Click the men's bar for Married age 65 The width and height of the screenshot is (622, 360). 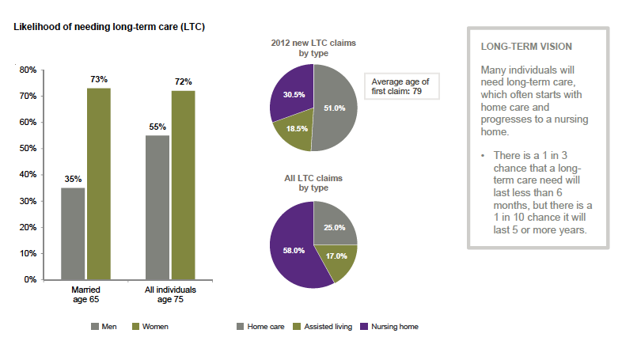click(74, 233)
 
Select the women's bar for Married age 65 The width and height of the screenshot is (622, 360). click(99, 184)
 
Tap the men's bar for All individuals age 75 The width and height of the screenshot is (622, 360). click(158, 207)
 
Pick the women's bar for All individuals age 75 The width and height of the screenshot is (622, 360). click(184, 185)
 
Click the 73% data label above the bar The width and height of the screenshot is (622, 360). click(99, 79)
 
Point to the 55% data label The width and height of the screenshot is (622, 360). click(158, 127)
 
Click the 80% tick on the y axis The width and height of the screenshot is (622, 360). click(28, 70)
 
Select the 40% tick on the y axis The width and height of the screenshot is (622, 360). click(28, 175)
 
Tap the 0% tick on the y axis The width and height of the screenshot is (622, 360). click(30, 279)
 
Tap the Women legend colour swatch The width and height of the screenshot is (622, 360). click(135, 326)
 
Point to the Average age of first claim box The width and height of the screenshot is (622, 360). click(402, 86)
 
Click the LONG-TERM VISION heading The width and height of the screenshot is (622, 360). click(516, 47)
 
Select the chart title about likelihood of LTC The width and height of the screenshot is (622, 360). click(109, 27)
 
